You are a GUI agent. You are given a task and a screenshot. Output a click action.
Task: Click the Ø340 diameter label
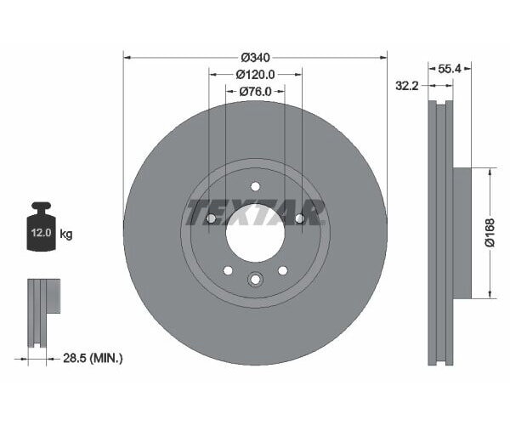[x=255, y=57]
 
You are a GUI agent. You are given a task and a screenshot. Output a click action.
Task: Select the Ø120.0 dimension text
[x=255, y=74]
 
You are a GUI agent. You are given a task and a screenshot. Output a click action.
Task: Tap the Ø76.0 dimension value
[x=255, y=91]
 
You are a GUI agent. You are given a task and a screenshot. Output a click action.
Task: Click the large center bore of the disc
[x=255, y=231]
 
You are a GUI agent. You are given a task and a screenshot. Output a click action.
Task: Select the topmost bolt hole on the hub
[x=255, y=187]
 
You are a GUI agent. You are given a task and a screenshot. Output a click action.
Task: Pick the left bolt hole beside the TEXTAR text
[x=211, y=219]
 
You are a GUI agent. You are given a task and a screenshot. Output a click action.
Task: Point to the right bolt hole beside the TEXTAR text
[x=299, y=219]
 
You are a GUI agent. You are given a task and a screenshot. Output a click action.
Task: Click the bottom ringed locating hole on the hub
[x=255, y=279]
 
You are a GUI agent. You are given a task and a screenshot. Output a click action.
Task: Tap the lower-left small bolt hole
[x=228, y=270]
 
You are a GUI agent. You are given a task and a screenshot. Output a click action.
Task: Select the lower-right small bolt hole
[x=282, y=270]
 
